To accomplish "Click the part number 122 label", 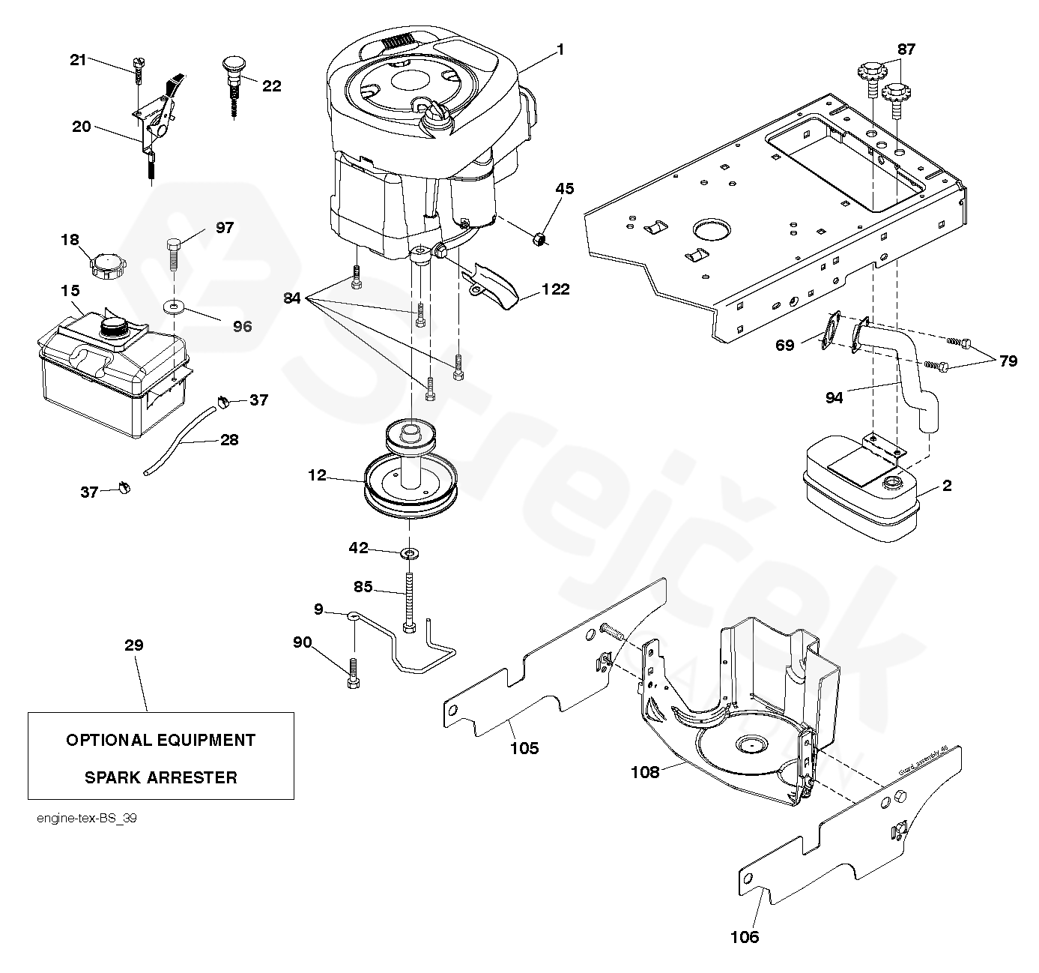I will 555,289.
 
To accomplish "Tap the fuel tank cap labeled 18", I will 104,265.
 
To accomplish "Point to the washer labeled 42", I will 409,553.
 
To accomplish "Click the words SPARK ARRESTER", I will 160,777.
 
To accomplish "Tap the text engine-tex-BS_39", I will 87,819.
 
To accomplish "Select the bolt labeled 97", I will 173,255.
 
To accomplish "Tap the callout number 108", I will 644,772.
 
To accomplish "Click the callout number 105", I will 524,747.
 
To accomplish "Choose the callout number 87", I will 906,49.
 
